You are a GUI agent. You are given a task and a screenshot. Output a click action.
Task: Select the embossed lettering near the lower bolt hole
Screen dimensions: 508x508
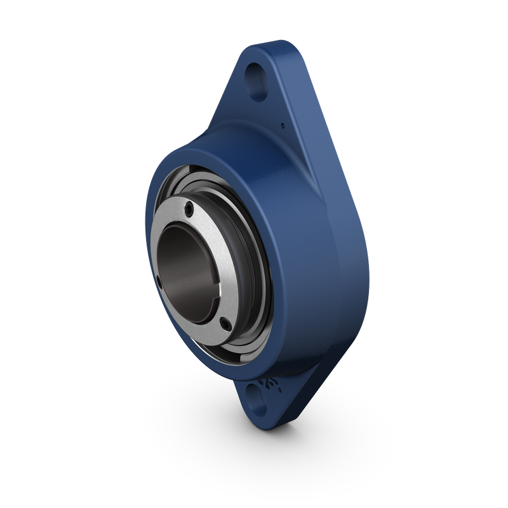click(x=268, y=386)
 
